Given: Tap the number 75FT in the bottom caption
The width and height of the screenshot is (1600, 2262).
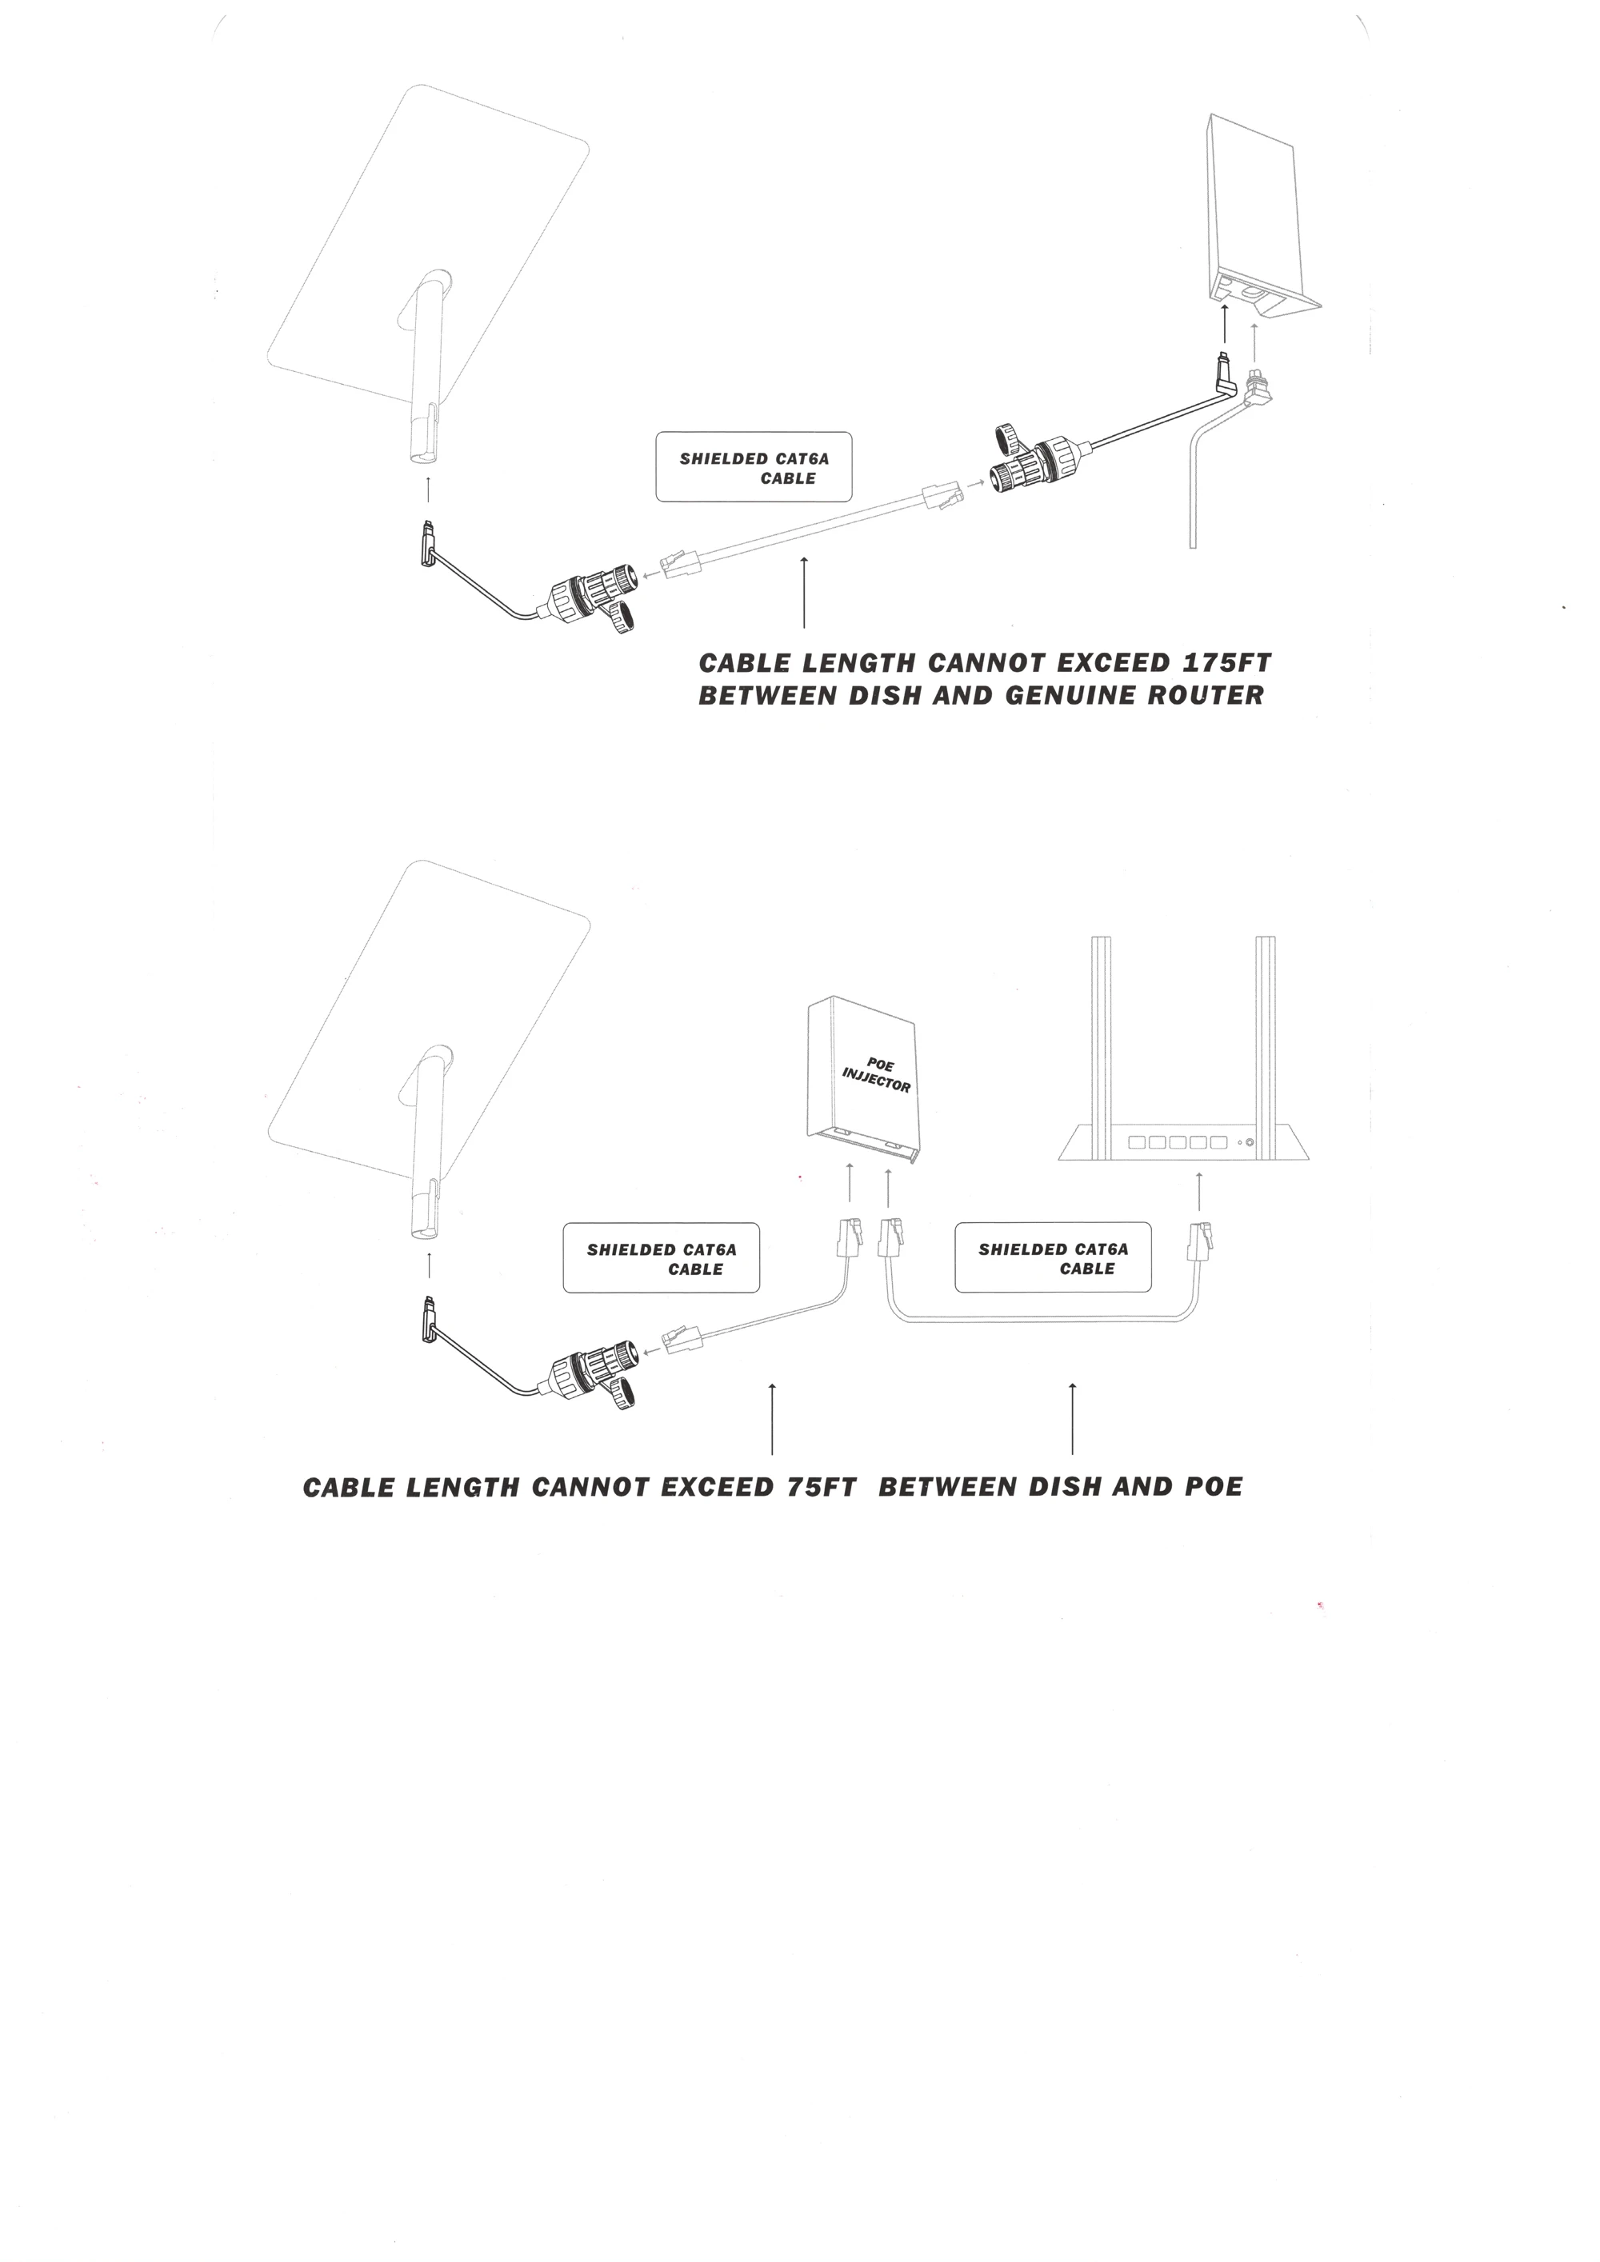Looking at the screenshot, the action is pyautogui.click(x=822, y=1487).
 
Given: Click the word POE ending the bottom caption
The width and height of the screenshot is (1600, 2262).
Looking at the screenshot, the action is pyautogui.click(x=1213, y=1487).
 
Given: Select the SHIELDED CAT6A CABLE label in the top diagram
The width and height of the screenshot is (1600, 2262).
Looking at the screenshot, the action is pyautogui.click(x=754, y=467).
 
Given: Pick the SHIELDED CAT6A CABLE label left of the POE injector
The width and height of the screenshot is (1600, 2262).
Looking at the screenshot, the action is pyautogui.click(x=661, y=1258).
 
